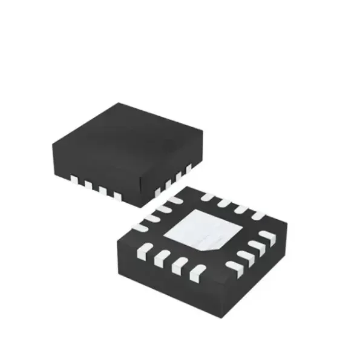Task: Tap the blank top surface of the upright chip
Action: (124, 142)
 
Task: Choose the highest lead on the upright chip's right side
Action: (188, 166)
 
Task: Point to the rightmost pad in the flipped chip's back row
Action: (257, 214)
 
